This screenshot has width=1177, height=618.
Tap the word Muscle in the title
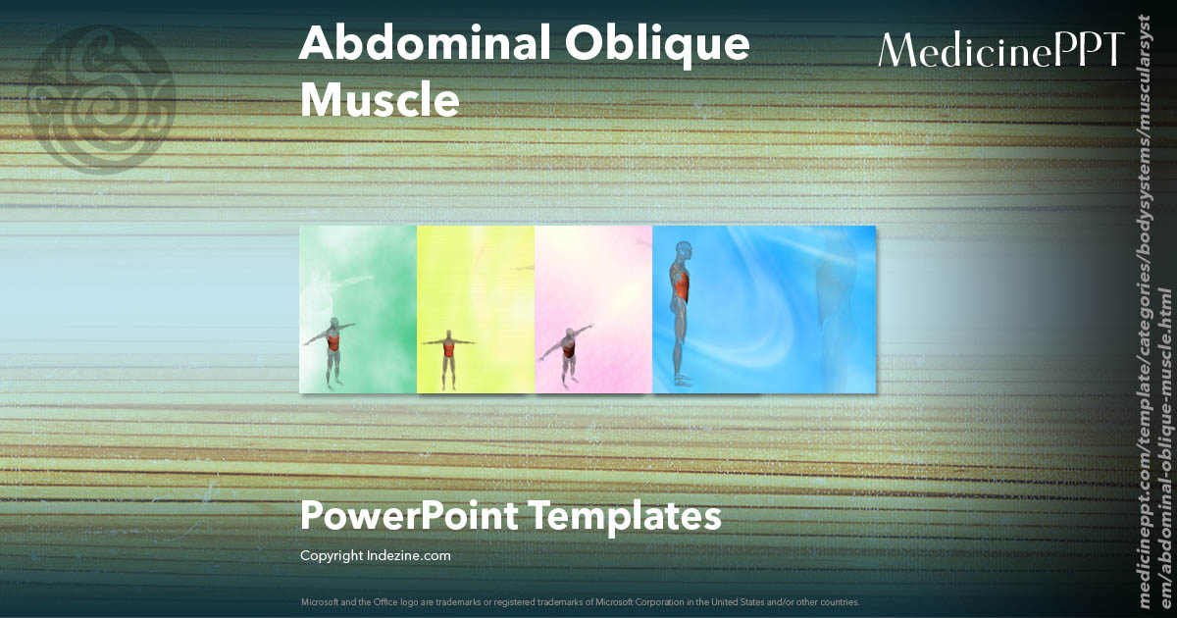pyautogui.click(x=380, y=100)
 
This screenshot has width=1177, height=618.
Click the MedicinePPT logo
pyautogui.click(x=1000, y=50)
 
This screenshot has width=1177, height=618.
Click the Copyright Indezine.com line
pyautogui.click(x=375, y=556)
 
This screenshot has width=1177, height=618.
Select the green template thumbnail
pyautogui.click(x=358, y=309)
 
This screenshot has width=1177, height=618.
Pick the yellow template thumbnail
pyautogui.click(x=476, y=309)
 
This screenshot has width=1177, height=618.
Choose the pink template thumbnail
pyautogui.click(x=593, y=309)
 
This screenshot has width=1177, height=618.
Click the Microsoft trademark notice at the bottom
pyautogui.click(x=581, y=601)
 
